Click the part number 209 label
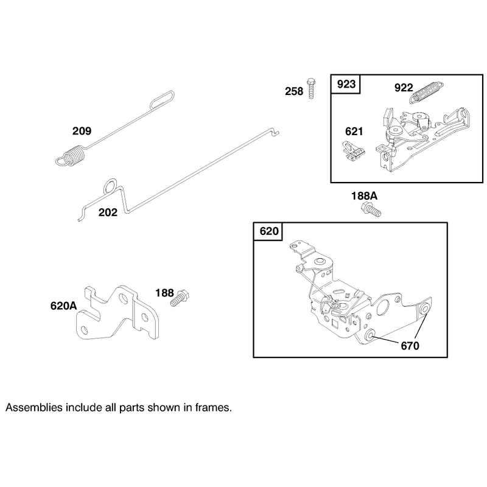(82, 131)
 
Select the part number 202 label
(108, 212)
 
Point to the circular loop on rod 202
(110, 186)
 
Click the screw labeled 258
(311, 88)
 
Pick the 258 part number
(294, 91)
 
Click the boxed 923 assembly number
(346, 84)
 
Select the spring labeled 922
(427, 92)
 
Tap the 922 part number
(404, 88)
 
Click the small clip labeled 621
(354, 151)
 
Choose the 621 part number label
(354, 131)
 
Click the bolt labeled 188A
(371, 209)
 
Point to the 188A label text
(364, 196)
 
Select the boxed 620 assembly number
(269, 231)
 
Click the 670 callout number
(410, 346)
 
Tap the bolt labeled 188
(180, 298)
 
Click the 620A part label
(63, 306)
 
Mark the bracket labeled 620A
(117, 312)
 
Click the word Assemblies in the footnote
(34, 407)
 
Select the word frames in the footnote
(213, 407)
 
